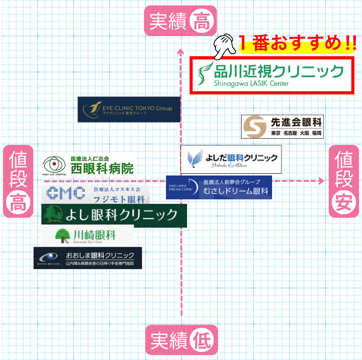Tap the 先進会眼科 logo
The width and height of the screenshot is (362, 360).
coord(282,127)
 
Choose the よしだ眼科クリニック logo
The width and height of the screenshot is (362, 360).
coord(231,159)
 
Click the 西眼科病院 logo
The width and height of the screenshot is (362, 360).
coord(89,165)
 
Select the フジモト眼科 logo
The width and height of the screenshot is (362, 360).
coord(96,193)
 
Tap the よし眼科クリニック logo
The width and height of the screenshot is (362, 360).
coord(114,215)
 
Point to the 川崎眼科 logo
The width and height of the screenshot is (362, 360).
coord(88,235)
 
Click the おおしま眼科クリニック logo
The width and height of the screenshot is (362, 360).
coord(88,258)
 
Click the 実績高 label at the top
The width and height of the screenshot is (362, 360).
coord(180,22)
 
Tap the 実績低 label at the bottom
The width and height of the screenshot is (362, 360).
coord(181,341)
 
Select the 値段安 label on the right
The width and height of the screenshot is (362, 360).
coord(344,181)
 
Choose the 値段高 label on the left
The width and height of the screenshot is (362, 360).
coord(18,181)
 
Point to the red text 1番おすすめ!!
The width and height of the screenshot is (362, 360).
coord(297,44)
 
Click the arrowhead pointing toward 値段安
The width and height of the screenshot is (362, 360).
coord(320,181)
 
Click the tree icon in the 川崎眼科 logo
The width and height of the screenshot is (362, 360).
coord(62,234)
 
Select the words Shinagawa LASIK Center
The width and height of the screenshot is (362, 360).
coord(245,83)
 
